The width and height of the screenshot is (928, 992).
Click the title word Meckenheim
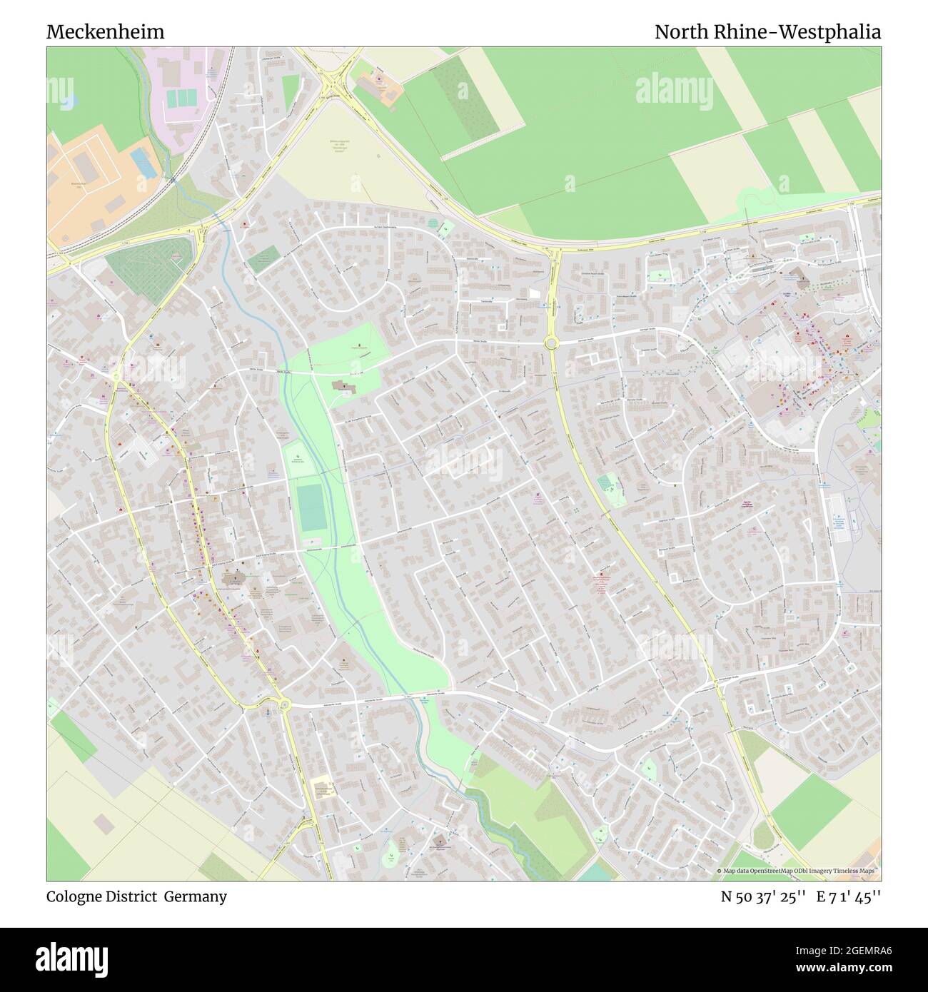pyautogui.click(x=106, y=32)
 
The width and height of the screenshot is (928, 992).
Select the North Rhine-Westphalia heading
pyautogui.click(x=767, y=32)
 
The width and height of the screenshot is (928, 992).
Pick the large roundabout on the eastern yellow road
pyautogui.click(x=550, y=343)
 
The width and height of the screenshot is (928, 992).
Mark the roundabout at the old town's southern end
pyautogui.click(x=284, y=705)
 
